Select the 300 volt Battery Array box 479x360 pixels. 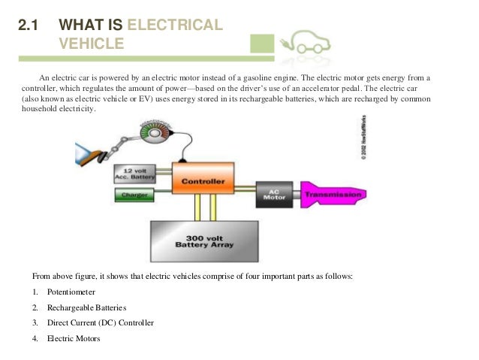coord(204,239)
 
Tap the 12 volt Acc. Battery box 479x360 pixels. coord(134,174)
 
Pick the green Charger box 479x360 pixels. coord(134,196)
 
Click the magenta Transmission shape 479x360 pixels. coord(333,193)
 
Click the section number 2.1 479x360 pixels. coord(29,26)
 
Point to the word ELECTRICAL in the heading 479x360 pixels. coord(176,26)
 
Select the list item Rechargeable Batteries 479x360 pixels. coord(87,307)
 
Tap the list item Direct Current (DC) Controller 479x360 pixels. coord(101,323)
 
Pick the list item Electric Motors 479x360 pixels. coord(74,339)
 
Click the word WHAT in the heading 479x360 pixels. coord(80,26)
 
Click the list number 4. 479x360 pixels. coord(35,339)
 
